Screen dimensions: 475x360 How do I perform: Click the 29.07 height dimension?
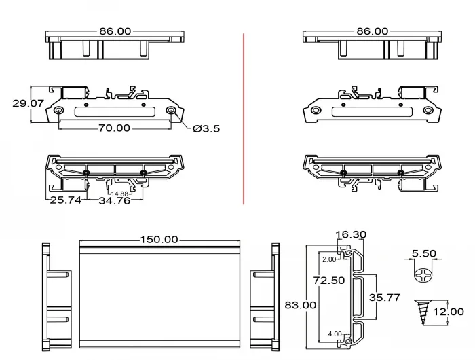tap(28, 103)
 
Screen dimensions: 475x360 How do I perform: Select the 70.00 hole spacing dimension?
tap(114, 128)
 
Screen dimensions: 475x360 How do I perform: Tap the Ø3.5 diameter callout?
tap(206, 129)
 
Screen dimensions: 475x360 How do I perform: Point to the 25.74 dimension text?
tap(65, 200)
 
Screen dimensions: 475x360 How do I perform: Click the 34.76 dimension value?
tap(115, 200)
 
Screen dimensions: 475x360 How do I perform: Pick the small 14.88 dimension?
tap(119, 194)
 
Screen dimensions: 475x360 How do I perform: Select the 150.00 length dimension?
tap(159, 240)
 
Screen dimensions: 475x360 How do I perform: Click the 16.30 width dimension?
tap(351, 234)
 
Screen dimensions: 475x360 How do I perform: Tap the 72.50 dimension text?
tap(329, 281)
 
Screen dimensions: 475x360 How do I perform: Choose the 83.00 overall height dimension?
tap(301, 305)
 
